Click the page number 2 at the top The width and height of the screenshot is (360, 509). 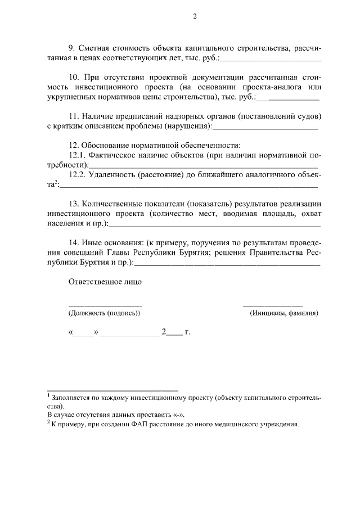pyautogui.click(x=195, y=16)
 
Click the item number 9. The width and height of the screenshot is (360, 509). pyautogui.click(x=70, y=47)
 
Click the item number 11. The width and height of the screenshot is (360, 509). pyautogui.click(x=73, y=116)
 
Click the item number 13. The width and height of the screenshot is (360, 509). pyautogui.click(x=73, y=203)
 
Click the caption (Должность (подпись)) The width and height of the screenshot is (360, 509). pyautogui.click(x=104, y=313)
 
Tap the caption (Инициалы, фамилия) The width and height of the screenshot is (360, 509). pyautogui.click(x=284, y=313)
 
